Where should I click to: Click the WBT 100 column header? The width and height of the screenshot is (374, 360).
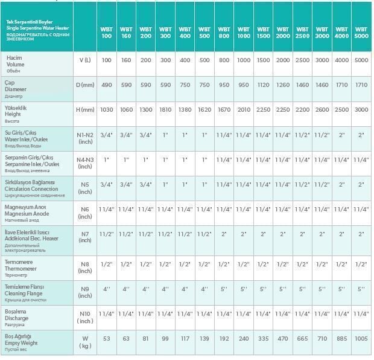(x=106, y=32)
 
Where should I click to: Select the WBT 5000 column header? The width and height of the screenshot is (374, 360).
(x=361, y=32)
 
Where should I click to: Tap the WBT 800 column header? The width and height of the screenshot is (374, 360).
(x=224, y=32)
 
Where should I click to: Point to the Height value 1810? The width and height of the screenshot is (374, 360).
(x=165, y=109)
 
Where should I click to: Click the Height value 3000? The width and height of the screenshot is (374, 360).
(x=361, y=109)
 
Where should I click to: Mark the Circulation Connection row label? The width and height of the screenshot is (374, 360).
(x=31, y=188)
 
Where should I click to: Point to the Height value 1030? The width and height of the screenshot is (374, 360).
(x=106, y=109)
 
